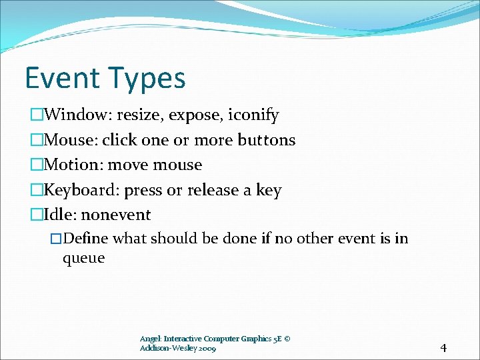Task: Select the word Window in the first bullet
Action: pos(73,115)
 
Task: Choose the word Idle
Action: pos(59,215)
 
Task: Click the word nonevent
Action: pos(116,215)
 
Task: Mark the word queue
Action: pos(83,259)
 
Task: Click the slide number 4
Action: pos(443,347)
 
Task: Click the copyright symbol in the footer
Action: pos(287,339)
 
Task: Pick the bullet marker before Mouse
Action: pos(37,140)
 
